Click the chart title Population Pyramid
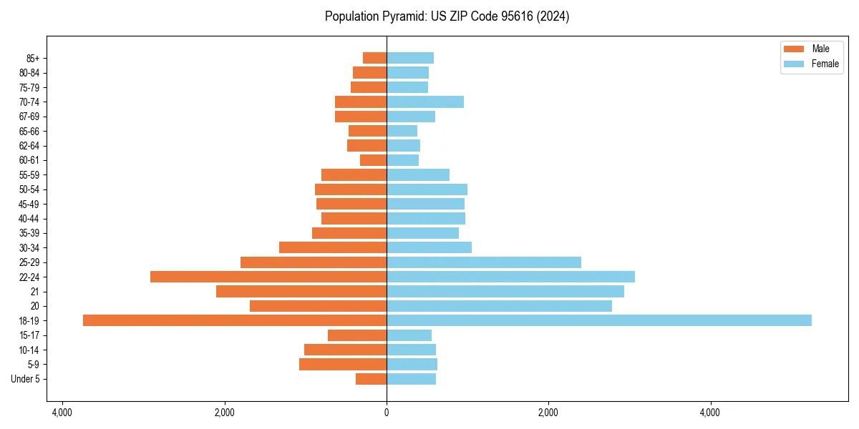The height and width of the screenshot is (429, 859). [x=447, y=16]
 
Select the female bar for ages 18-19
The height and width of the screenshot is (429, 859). [x=599, y=320]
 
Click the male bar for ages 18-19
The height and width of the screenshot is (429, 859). [x=235, y=320]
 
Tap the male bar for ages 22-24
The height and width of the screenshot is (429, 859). [x=268, y=277]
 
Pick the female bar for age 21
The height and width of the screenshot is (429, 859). [x=505, y=291]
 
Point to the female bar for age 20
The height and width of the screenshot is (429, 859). [x=499, y=306]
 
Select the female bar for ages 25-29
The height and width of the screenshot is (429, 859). [x=484, y=262]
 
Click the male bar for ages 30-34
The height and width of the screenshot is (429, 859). [x=333, y=247]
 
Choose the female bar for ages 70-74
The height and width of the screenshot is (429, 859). [x=425, y=102]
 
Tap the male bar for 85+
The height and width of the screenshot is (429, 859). [x=375, y=58]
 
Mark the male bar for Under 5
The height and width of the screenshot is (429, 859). [x=372, y=379]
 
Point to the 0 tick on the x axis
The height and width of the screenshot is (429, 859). [x=387, y=413]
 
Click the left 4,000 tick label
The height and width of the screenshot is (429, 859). [x=62, y=413]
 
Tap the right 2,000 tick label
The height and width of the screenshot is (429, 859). [x=548, y=413]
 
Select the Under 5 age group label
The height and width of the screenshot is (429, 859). [x=26, y=379]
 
